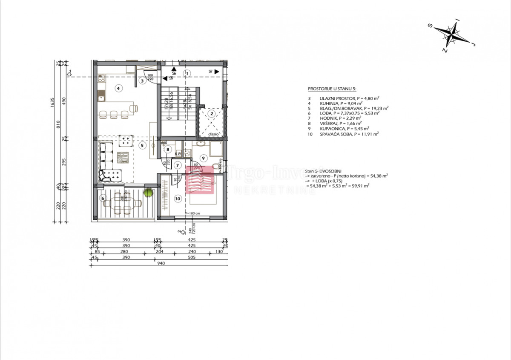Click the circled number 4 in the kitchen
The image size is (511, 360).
coord(119,88)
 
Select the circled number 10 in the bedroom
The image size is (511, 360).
coord(178,198)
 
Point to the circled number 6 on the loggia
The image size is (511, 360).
coord(102,198)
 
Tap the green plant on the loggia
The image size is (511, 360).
coord(149,193)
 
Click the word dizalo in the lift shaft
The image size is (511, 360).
coord(213,134)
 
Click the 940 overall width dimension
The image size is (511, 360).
coord(161,263)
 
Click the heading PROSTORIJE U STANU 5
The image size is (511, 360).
coord(335,89)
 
